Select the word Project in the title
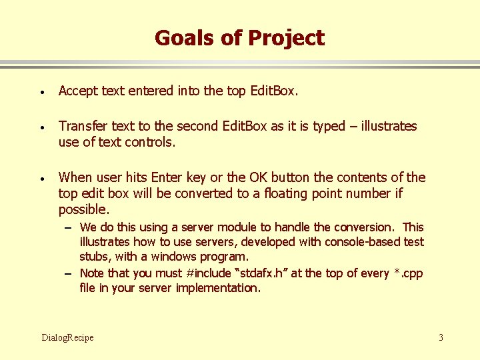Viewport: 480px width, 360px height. pyautogui.click(x=286, y=39)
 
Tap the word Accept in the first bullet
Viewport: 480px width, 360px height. pyautogui.click(x=77, y=91)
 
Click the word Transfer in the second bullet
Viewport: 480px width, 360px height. pyautogui.click(x=83, y=126)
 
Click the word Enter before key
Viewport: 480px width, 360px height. pyautogui.click(x=166, y=177)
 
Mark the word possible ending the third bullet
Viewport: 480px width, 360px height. pyautogui.click(x=83, y=209)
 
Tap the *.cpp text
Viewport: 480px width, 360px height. pyautogui.click(x=407, y=273)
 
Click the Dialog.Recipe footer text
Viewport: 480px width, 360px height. pyautogui.click(x=67, y=337)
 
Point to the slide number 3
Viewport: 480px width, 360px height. pyautogui.click(x=441, y=337)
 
